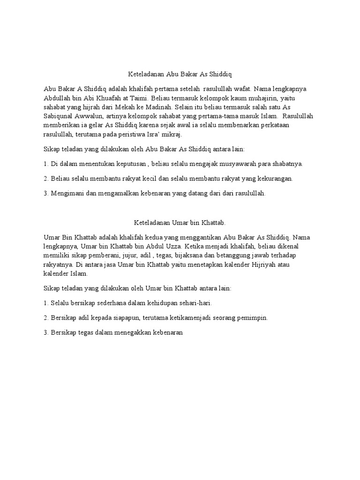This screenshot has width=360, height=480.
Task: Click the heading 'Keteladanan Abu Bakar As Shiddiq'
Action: (x=180, y=74)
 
